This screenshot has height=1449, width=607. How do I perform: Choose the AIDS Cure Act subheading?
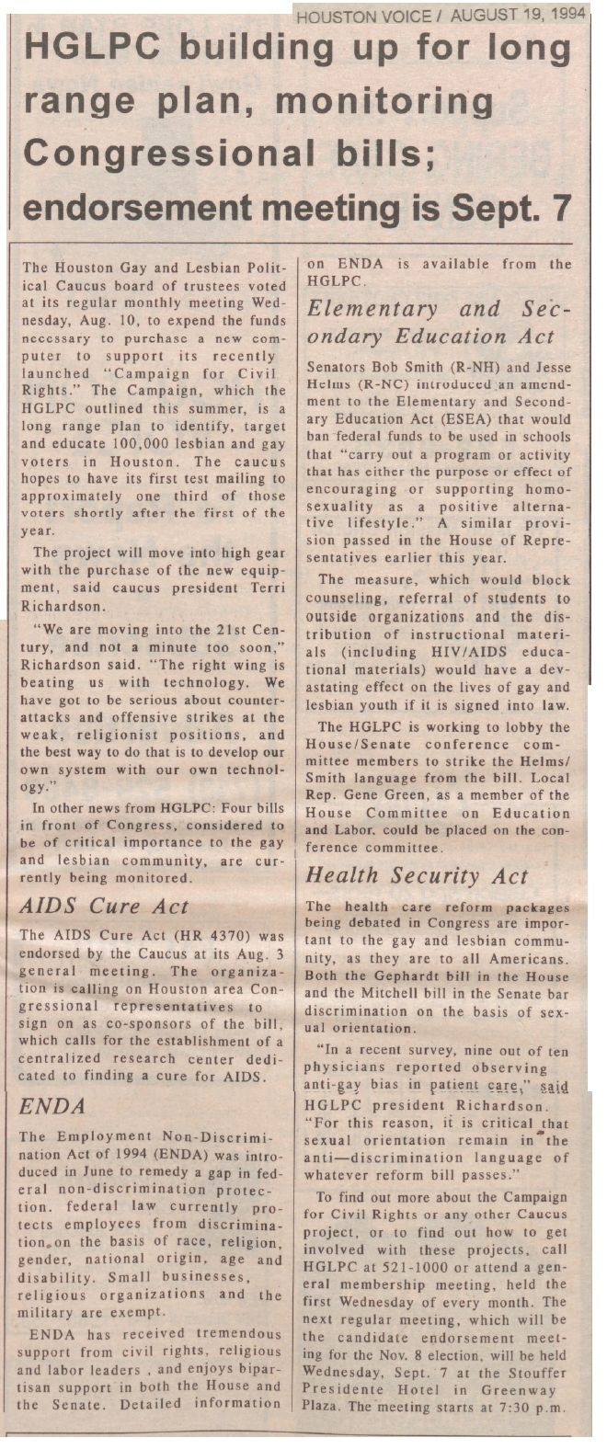tap(104, 906)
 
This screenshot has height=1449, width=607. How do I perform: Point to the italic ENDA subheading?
tap(52, 1107)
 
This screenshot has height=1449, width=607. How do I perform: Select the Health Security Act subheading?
tap(417, 875)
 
